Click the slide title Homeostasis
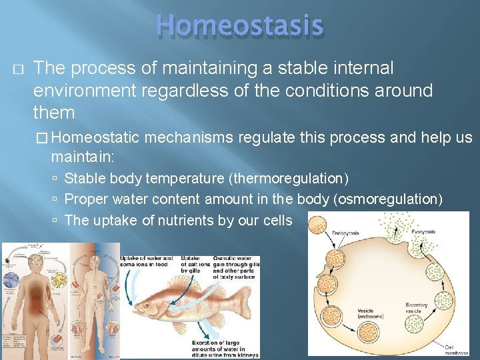pos(239,26)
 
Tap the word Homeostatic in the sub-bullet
pos(95,138)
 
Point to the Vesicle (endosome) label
pos(365,313)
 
